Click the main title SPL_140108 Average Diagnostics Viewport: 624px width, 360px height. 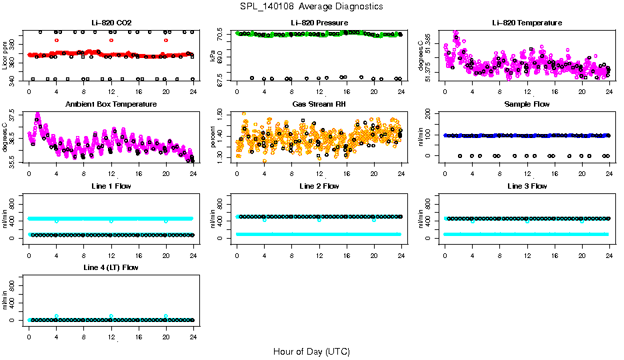pos(312,6)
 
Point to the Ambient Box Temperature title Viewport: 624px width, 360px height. pos(111,105)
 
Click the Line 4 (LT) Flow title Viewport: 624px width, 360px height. pos(111,268)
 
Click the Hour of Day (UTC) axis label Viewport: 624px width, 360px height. pos(311,351)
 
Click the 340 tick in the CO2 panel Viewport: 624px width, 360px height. pos(15,79)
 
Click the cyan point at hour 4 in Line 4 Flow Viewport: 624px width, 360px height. pos(57,316)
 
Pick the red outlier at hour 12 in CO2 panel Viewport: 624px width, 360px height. pos(111,40)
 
